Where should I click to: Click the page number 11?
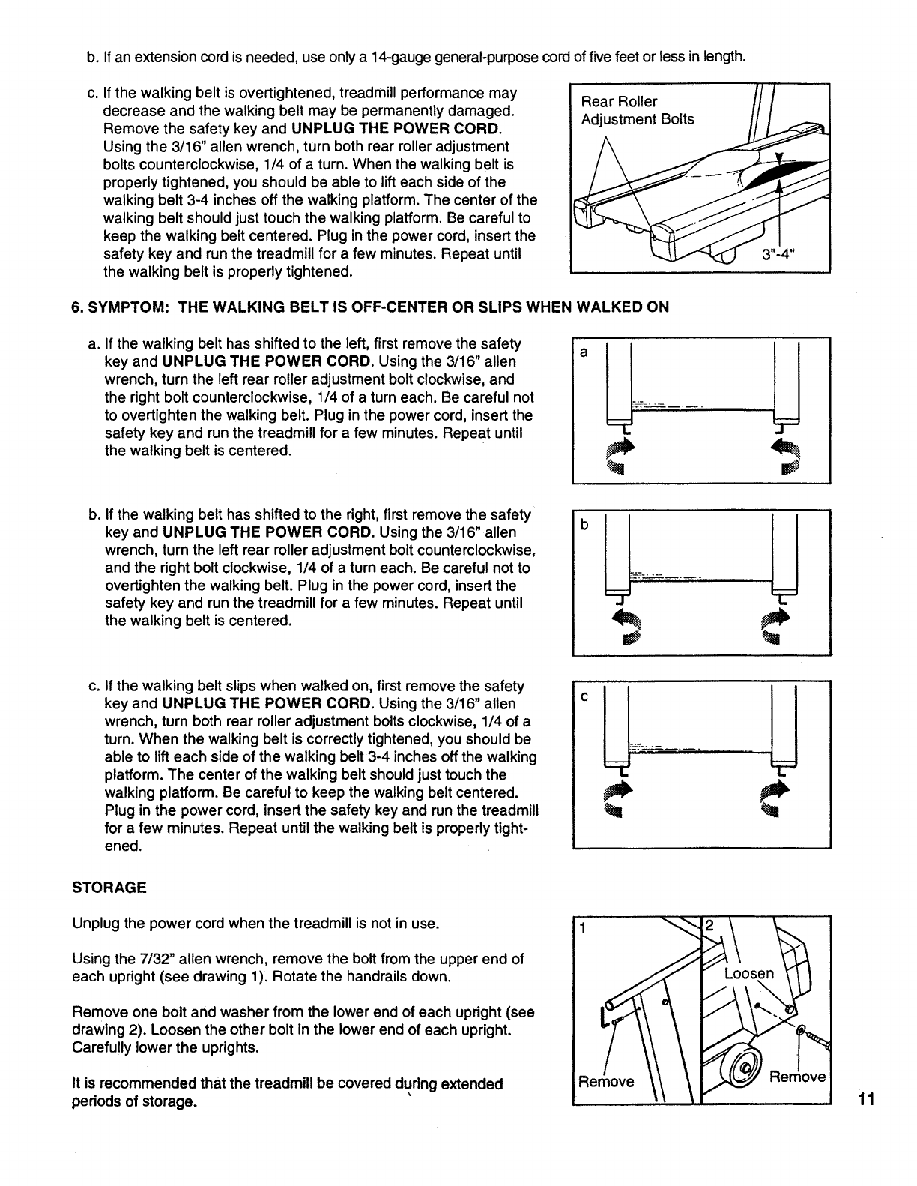pos(867,1100)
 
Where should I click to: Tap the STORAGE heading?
pos(109,888)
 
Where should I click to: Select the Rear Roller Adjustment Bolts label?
pos(638,110)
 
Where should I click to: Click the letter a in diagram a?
pos(584,352)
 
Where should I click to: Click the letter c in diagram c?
pos(584,696)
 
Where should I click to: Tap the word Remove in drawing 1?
pos(605,1082)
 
